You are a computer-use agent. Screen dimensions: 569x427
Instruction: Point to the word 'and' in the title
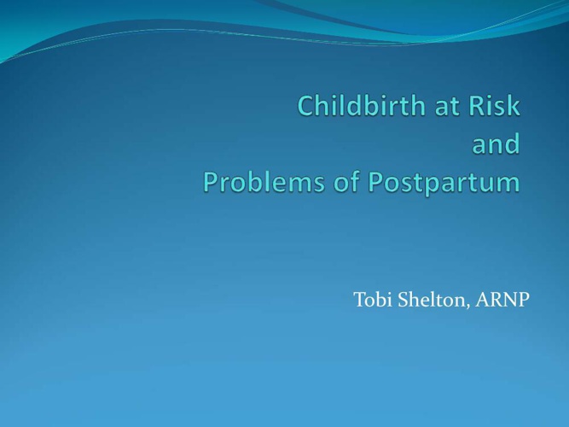click(x=496, y=143)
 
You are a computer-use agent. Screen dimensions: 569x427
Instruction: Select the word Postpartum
click(x=444, y=183)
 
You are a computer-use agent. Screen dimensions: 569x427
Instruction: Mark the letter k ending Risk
click(x=514, y=105)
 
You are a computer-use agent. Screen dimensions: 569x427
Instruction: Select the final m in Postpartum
click(x=508, y=184)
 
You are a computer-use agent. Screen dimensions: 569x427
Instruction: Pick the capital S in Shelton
click(x=403, y=300)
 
